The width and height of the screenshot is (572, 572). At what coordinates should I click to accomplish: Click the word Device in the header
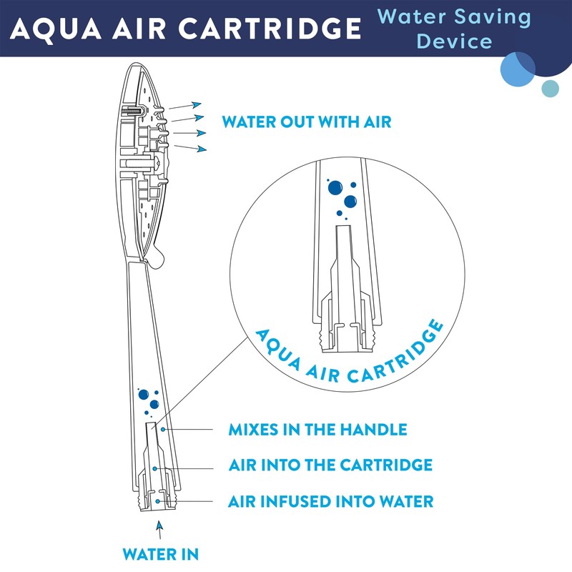click(x=455, y=41)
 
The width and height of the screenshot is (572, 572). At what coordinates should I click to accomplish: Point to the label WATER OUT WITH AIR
click(x=307, y=122)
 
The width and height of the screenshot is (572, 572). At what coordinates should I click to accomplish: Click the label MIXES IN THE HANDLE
click(x=317, y=430)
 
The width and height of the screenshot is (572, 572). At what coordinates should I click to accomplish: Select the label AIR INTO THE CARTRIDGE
click(x=330, y=465)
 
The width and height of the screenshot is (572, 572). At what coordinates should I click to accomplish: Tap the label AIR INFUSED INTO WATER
click(x=330, y=501)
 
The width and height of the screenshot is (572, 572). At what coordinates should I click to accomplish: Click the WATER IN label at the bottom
click(x=160, y=553)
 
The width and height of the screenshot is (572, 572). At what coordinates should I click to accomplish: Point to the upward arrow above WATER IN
click(x=159, y=529)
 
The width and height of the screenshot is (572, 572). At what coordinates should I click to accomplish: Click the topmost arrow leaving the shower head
click(x=187, y=107)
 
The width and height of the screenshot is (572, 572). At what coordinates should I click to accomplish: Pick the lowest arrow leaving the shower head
click(x=191, y=147)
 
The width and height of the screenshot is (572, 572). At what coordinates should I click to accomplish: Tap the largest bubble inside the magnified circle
click(x=335, y=188)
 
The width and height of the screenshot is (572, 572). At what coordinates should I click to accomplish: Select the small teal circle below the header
click(x=550, y=88)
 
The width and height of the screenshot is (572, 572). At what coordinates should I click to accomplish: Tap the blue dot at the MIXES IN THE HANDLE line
click(x=164, y=430)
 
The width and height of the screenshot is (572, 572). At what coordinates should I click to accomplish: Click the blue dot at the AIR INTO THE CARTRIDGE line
click(x=154, y=468)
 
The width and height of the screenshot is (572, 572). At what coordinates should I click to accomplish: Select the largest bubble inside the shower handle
click(x=143, y=394)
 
